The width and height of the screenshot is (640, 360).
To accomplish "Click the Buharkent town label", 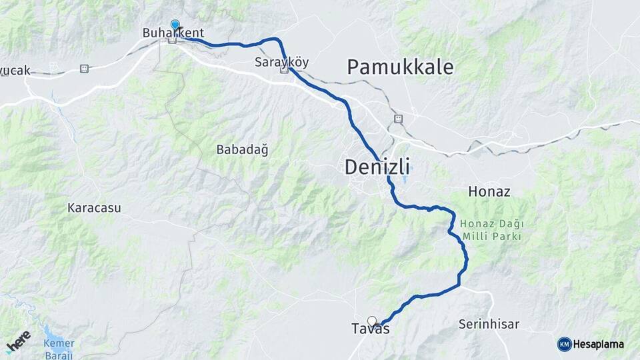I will tap(173, 33).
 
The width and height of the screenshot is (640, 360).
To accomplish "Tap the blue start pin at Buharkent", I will tap(175, 25).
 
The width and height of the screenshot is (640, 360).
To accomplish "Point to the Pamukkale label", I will tap(400, 67).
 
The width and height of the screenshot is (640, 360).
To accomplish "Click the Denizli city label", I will tap(377, 167).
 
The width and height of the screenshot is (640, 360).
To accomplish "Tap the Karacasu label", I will tap(94, 207).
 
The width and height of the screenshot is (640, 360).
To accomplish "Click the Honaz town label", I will tap(489, 191).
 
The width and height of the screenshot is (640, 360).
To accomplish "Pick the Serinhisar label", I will tap(489, 325).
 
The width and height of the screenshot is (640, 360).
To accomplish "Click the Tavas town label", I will tap(370, 329).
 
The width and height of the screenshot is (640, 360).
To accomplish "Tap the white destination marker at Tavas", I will tap(372, 321).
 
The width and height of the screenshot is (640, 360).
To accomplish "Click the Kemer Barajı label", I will tap(59, 347).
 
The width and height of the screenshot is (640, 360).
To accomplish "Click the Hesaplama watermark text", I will tap(599, 344).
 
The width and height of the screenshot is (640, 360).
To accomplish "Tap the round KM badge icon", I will tap(564, 344).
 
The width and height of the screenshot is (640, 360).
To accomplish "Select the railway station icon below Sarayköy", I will tap(285, 70).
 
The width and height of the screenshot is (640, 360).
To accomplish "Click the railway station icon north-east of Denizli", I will tap(399, 119).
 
